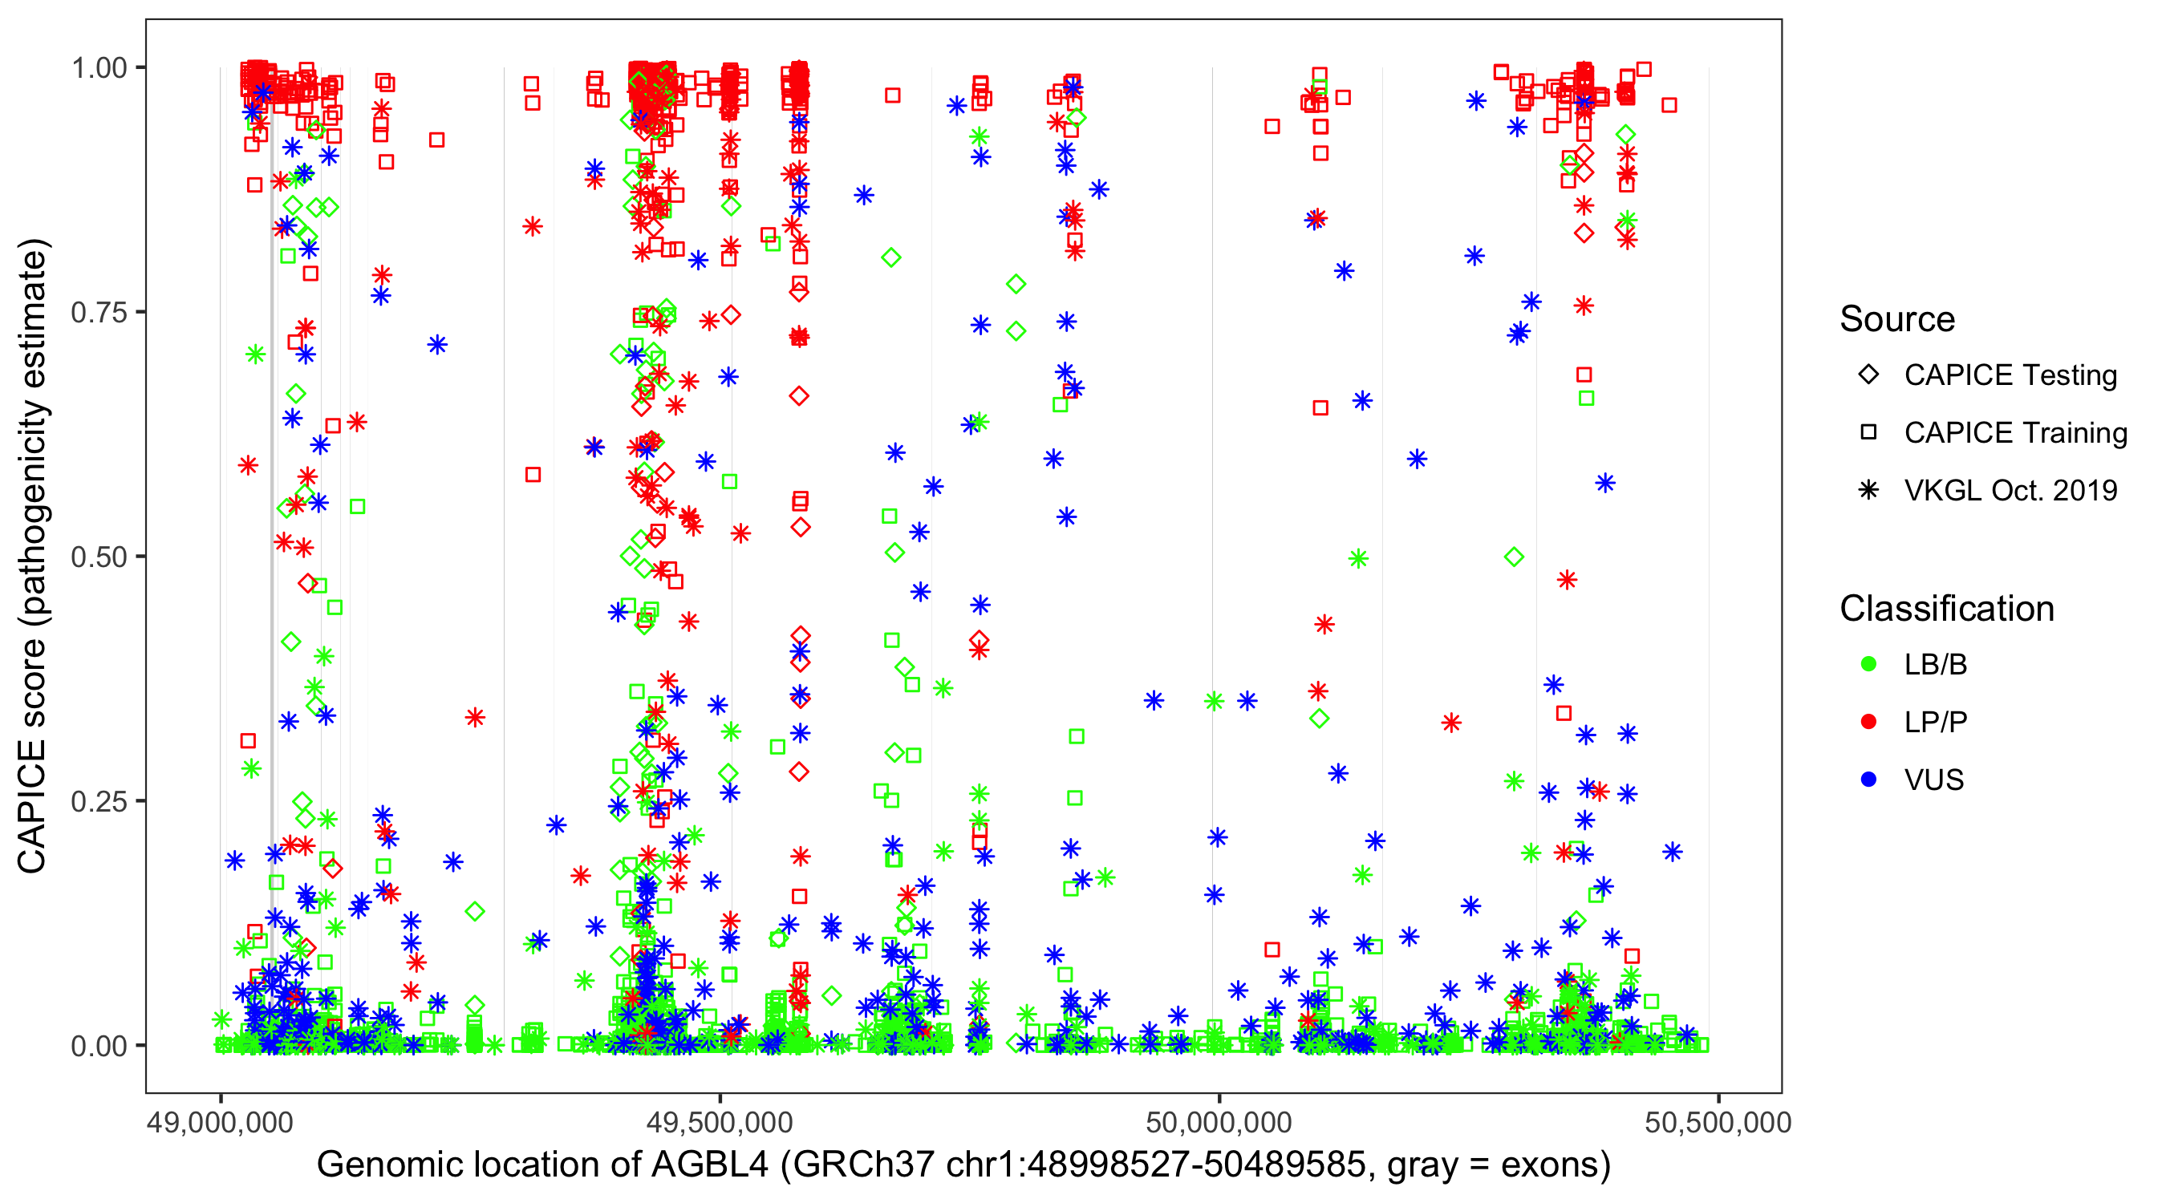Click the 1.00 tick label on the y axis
pos(99,68)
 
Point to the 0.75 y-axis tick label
pos(99,313)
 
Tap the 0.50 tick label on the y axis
pos(99,557)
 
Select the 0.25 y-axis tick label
pos(99,801)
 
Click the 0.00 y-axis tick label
pos(99,1046)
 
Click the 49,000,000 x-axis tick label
pos(221,1122)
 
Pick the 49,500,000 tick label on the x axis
pos(720,1122)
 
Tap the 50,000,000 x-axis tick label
pos(1219,1122)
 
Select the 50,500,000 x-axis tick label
pos(1718,1122)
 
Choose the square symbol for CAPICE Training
pos(1868,432)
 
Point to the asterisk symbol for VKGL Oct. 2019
pos(1868,490)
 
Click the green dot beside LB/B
pos(1868,664)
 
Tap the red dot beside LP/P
pos(1868,722)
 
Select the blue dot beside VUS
pos(1868,780)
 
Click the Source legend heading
pos(1897,319)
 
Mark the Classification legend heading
pos(1946,609)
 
